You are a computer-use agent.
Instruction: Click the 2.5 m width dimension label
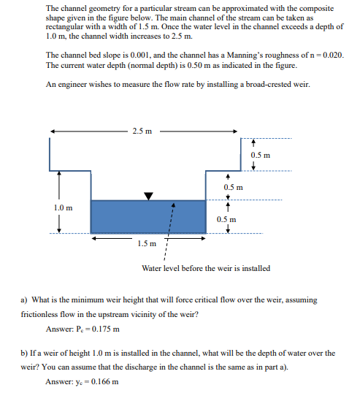(142, 131)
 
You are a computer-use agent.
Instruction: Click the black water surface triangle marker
(149, 196)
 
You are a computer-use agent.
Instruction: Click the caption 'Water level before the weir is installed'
(205, 268)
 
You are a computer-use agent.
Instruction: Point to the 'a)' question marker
(24, 299)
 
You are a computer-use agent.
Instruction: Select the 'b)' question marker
(24, 353)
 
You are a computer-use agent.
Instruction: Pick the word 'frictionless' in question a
(42, 313)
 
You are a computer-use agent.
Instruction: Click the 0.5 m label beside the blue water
(227, 219)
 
